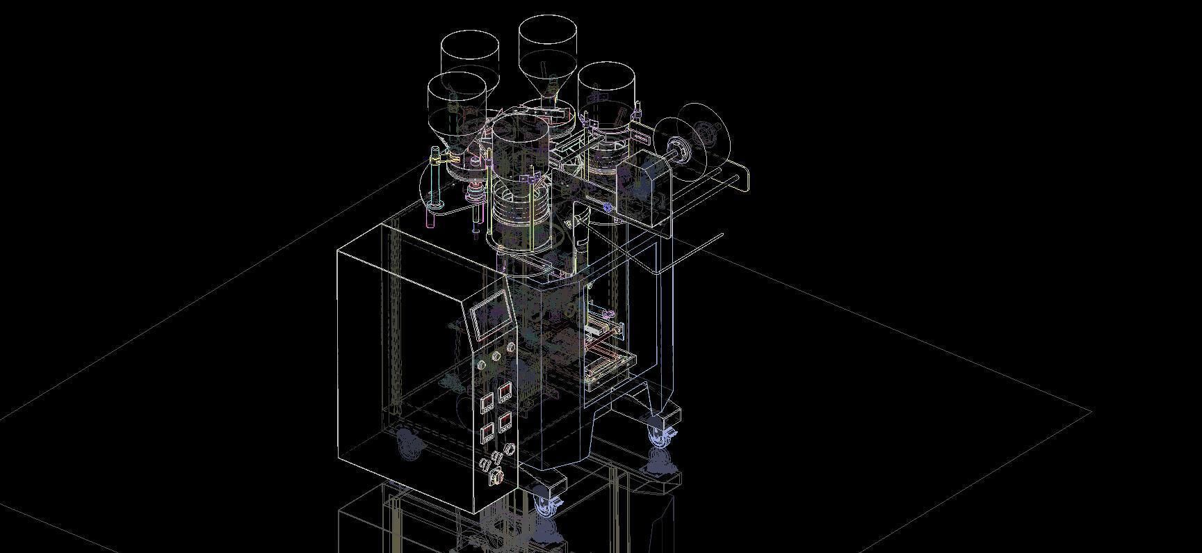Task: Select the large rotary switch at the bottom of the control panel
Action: (496, 477)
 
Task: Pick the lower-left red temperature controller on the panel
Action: (487, 433)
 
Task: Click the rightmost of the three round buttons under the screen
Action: (511, 347)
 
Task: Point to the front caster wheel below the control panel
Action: (546, 505)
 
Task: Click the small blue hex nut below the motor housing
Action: (608, 207)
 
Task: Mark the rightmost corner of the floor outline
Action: (1090, 412)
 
